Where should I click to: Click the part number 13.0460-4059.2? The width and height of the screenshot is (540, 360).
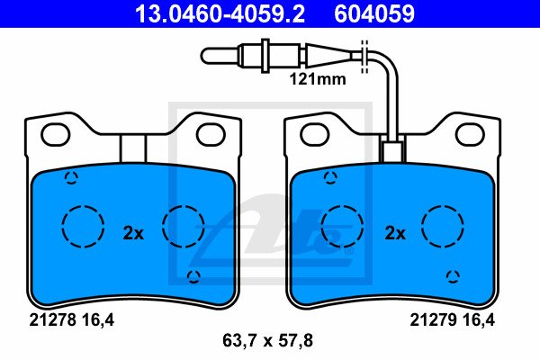coord(220,13)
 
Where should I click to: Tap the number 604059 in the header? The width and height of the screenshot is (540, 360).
coord(374,13)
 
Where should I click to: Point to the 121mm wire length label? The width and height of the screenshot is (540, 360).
coord(318,79)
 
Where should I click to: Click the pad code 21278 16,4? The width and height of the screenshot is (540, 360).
coord(71,320)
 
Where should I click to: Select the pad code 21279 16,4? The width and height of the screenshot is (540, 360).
coord(452,320)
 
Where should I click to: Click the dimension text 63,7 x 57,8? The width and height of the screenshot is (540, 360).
coord(267,341)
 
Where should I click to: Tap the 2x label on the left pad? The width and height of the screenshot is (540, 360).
coord(133,233)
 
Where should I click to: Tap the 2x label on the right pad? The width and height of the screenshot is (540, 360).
coord(395,233)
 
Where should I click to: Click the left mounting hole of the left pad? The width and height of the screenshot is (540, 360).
coord(56,134)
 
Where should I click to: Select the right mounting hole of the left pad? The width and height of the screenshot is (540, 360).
coord(211,134)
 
